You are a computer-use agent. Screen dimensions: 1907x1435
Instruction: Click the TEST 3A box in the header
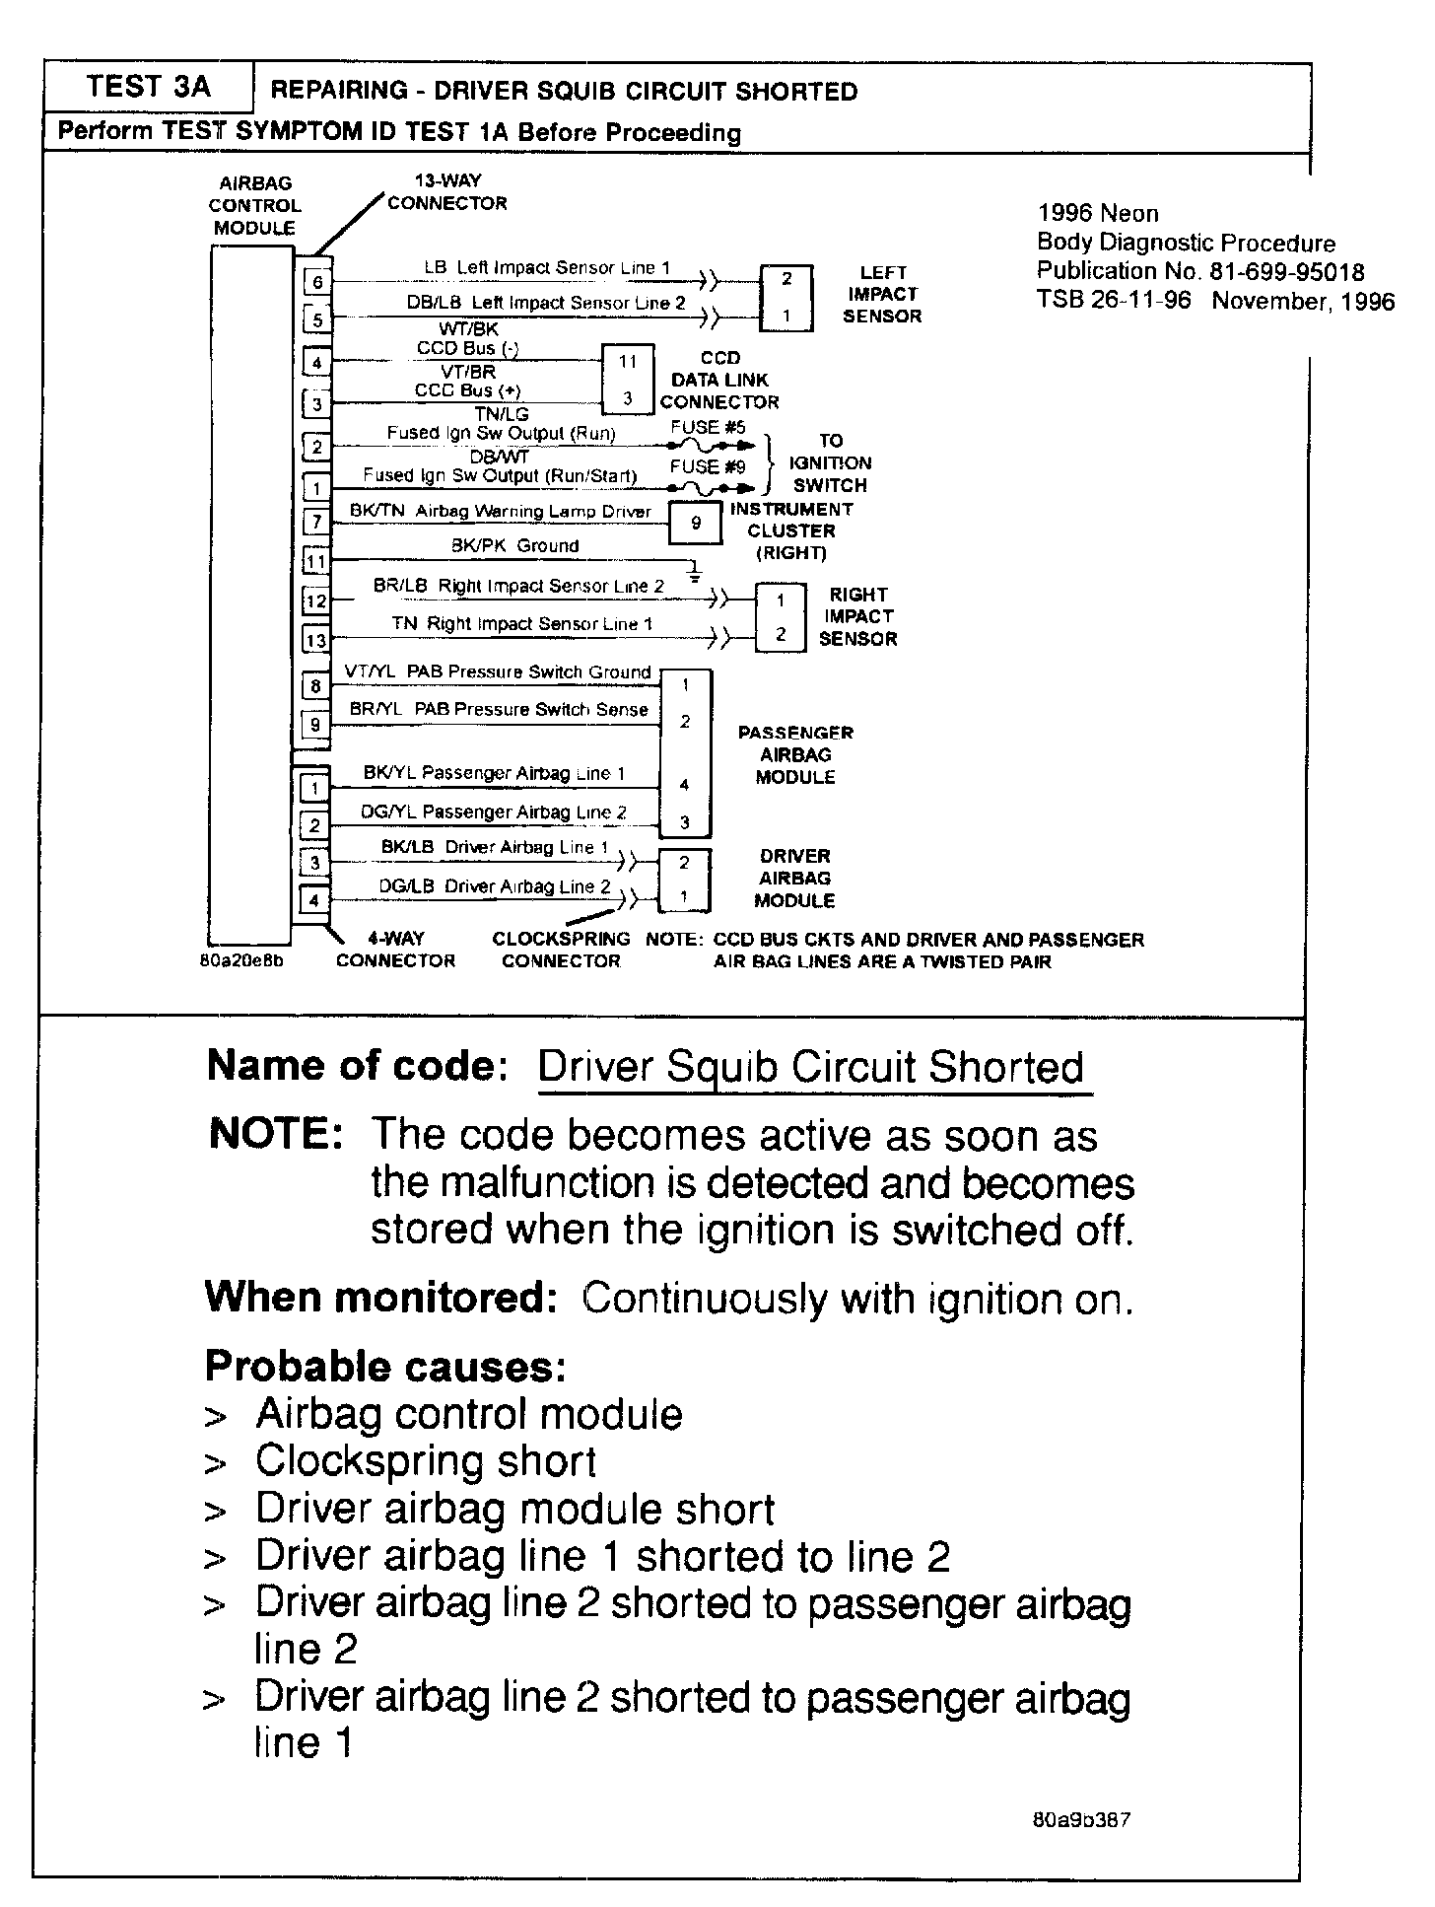point(148,88)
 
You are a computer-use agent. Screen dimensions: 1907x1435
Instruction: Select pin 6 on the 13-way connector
point(317,282)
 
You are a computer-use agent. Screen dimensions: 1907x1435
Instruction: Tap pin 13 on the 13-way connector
point(316,641)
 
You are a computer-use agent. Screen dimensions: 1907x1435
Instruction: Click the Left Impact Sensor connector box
point(786,298)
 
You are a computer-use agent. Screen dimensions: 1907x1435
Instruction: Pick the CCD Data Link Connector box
point(628,380)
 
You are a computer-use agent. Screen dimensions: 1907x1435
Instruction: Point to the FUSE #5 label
point(708,428)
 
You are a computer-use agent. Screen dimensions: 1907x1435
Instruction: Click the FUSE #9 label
point(708,467)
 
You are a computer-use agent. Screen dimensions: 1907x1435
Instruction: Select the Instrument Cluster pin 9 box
point(696,524)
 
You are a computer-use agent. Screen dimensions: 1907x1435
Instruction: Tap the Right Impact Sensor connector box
point(781,617)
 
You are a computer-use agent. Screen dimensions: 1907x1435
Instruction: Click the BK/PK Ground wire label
point(514,546)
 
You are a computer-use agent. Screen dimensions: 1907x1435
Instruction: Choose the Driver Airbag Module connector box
point(684,880)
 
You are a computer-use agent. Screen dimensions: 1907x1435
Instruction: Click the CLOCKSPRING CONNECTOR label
point(561,950)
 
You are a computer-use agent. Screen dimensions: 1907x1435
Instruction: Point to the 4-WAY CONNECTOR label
point(395,950)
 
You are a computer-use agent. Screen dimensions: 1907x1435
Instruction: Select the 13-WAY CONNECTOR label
point(446,192)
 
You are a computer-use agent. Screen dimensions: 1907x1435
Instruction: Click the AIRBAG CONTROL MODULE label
point(254,205)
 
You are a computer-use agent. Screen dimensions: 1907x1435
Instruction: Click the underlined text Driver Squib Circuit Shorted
point(811,1068)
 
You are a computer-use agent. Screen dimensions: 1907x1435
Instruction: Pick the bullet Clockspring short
point(426,1461)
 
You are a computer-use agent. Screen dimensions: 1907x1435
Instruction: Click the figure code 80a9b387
point(1081,1819)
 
